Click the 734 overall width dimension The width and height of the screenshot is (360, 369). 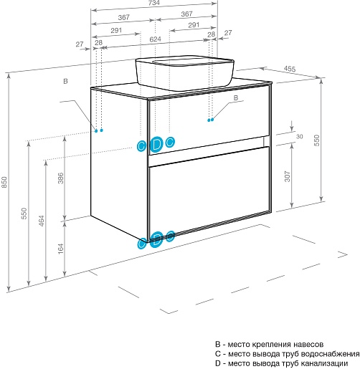point(154,3)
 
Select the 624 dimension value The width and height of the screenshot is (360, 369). point(155,39)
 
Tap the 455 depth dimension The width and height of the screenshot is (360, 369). point(290,69)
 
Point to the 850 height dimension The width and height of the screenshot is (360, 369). point(4,182)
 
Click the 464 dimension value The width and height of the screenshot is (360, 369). point(42,221)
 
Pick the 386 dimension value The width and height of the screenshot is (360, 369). point(61,178)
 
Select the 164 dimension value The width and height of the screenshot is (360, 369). point(61,249)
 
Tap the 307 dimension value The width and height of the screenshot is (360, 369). point(288,176)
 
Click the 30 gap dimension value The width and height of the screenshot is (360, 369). point(300,136)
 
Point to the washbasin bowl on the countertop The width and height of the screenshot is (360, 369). point(184,73)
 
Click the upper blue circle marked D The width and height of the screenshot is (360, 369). point(156,145)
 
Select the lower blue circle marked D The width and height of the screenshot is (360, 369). point(156,240)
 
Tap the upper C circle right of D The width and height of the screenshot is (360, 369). point(170,143)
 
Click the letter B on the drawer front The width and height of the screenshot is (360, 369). point(236,97)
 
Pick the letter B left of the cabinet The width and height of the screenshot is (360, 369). point(65,81)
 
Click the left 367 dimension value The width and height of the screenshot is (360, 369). point(124,17)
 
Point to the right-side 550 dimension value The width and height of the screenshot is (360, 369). point(316,140)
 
